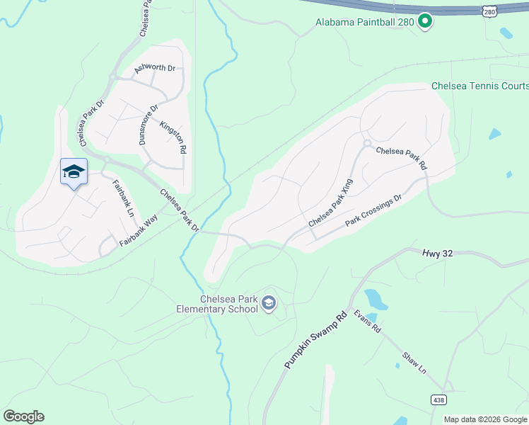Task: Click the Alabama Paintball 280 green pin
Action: (x=425, y=22)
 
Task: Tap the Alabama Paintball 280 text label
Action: (x=365, y=22)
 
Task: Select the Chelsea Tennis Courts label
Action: (x=479, y=86)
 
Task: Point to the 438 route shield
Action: (x=438, y=400)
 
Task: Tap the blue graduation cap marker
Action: (x=74, y=172)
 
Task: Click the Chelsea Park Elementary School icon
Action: (x=269, y=304)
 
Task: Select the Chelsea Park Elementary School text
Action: (x=218, y=304)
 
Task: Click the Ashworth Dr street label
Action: (x=154, y=68)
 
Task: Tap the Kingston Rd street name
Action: (x=173, y=137)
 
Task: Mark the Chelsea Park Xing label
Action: (x=330, y=203)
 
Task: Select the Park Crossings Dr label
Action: (x=373, y=211)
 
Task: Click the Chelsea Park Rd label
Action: (x=402, y=158)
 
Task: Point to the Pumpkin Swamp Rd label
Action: (x=316, y=339)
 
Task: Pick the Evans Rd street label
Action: (x=368, y=320)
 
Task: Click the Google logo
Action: (x=24, y=416)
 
